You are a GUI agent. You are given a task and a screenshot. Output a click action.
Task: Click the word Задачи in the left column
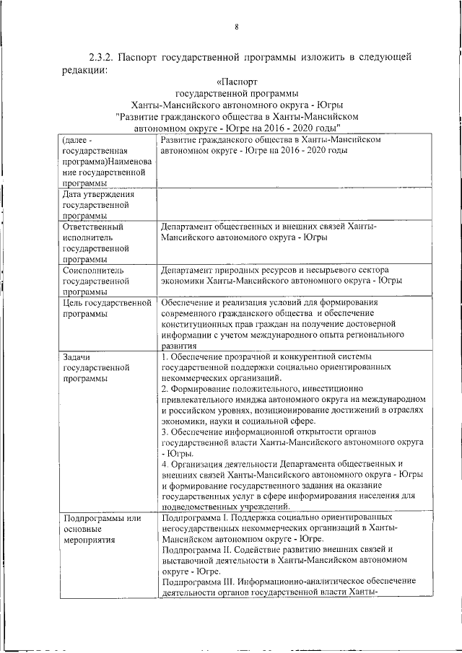click(77, 356)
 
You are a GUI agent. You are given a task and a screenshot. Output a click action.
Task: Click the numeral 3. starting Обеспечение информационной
click(165, 432)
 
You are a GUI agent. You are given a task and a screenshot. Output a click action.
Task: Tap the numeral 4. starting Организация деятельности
click(165, 464)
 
